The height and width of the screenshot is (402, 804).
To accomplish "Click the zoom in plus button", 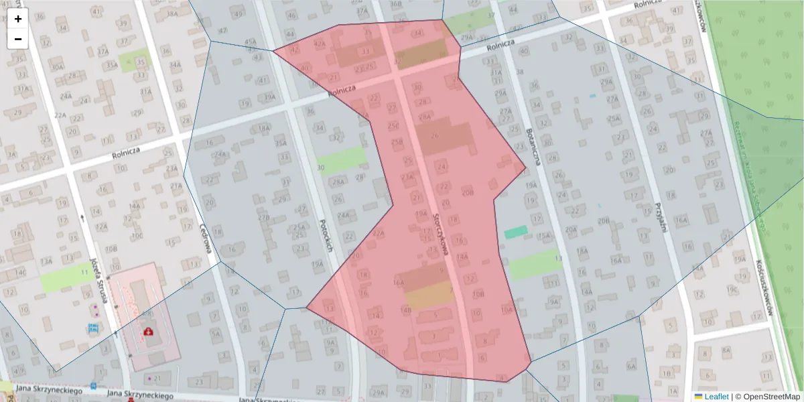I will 18,19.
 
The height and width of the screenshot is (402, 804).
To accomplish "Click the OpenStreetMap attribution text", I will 771,397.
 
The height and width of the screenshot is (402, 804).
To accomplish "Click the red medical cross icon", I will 147,330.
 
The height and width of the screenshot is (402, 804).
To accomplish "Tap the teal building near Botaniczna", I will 515,232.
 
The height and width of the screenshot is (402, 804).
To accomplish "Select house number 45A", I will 251,42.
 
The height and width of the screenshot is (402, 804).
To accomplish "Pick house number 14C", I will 21,273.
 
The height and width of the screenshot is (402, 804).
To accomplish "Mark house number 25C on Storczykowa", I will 393,127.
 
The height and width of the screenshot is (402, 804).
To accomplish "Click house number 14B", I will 406,310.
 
